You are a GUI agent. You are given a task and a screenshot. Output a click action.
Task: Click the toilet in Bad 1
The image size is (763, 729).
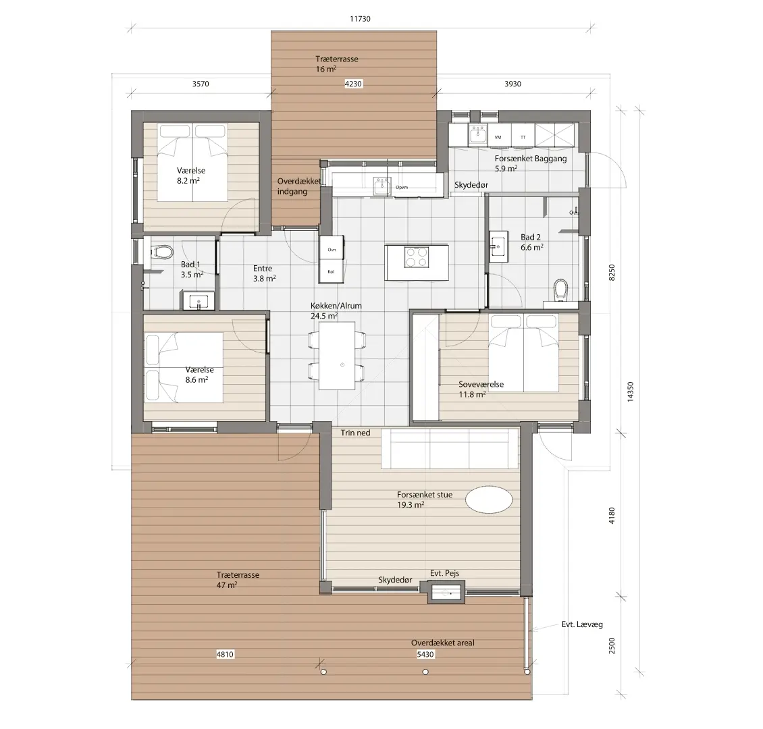tap(161, 252)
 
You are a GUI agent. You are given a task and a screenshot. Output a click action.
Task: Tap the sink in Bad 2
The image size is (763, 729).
tap(498, 246)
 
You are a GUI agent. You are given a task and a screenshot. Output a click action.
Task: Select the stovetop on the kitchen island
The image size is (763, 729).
tap(417, 257)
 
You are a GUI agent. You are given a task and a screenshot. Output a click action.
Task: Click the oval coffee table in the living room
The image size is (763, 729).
tap(489, 500)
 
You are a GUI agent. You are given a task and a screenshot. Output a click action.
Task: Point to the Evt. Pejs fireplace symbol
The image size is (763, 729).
tap(446, 593)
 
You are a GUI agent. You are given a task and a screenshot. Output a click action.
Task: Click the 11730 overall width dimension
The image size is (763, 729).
tap(360, 19)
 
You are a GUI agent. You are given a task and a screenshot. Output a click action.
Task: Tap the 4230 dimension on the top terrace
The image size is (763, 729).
tap(353, 84)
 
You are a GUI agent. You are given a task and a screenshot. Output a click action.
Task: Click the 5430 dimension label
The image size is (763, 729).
tap(425, 654)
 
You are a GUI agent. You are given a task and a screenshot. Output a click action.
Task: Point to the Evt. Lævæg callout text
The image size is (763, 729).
tap(582, 624)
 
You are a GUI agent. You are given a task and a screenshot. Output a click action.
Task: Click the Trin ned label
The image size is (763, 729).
tap(355, 433)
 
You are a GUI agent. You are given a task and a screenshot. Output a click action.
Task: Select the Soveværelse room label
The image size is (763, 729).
tap(481, 384)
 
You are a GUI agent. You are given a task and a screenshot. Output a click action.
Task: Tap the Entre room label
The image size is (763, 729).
tap(263, 269)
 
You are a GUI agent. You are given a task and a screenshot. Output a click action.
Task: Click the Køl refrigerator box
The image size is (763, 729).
tap(332, 271)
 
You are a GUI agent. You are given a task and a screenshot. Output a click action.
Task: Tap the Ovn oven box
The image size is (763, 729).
tap(332, 249)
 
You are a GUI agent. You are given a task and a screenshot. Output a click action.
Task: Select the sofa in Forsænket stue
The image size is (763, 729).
tap(450, 448)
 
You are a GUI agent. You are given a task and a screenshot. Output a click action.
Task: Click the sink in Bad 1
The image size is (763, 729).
tap(199, 300)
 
